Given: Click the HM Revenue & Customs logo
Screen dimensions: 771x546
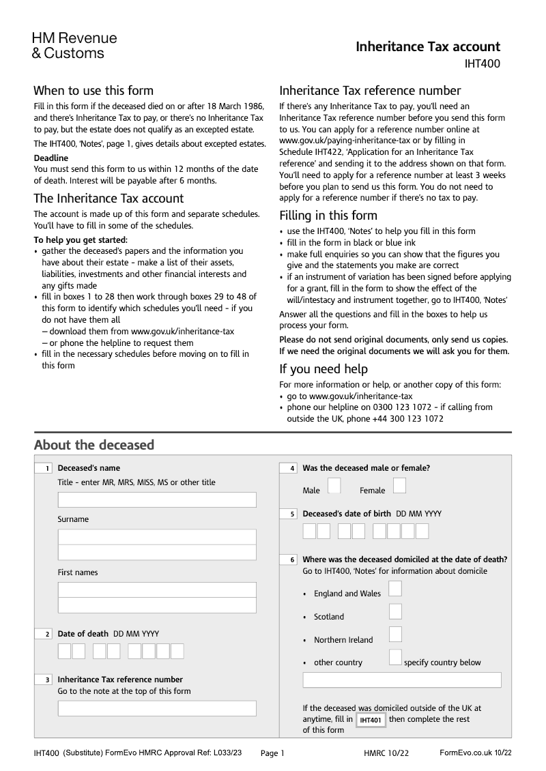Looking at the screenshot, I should click(x=74, y=45).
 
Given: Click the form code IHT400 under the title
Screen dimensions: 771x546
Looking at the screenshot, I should click(x=482, y=65).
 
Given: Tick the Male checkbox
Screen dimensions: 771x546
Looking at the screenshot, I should click(x=334, y=485).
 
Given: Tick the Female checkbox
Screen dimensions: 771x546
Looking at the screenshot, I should click(x=399, y=485).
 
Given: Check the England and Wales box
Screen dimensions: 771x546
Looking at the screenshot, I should click(x=394, y=588).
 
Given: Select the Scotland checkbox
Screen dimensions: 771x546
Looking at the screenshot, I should click(x=394, y=611).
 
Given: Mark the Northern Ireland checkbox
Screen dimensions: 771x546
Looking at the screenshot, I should click(x=394, y=635).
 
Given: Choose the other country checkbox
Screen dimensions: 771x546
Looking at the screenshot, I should click(x=394, y=657).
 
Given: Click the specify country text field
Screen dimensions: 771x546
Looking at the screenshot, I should click(x=401, y=680).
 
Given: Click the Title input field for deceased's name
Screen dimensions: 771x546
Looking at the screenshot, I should click(x=157, y=500).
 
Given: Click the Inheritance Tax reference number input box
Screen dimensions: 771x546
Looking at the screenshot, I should click(x=157, y=708).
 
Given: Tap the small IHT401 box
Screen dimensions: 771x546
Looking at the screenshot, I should click(x=371, y=721).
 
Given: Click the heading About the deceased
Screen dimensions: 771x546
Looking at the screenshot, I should click(x=94, y=445).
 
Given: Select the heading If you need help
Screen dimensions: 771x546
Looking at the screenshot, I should click(x=324, y=369).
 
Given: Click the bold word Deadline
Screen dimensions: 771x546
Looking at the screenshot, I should click(x=51, y=158).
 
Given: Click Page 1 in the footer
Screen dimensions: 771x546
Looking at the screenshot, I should click(x=272, y=753).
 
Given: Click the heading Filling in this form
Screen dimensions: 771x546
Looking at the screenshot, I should click(x=328, y=216).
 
